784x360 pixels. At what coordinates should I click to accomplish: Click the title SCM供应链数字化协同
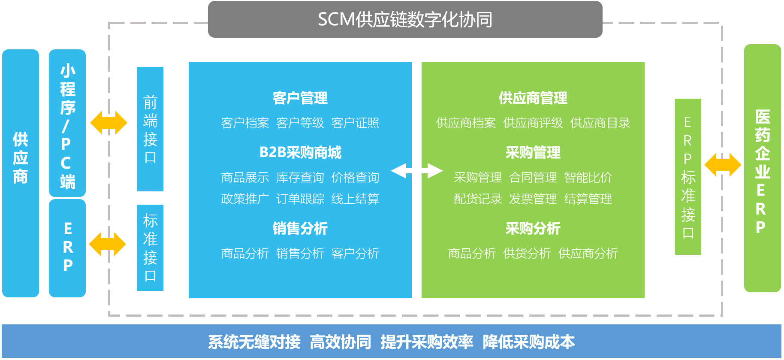[x=405, y=20]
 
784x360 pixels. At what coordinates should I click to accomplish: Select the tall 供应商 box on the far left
[x=21, y=173]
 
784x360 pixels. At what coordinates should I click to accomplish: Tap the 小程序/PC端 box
[x=67, y=123]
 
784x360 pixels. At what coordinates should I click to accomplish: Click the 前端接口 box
[x=150, y=129]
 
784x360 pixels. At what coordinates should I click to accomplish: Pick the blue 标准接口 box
[x=150, y=248]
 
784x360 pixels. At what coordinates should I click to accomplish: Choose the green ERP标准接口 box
[x=688, y=177]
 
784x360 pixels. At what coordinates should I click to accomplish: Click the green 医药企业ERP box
[x=763, y=168]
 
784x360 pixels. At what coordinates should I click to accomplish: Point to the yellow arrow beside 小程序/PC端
[x=109, y=123]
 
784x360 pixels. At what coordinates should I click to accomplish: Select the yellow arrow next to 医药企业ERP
[x=723, y=165]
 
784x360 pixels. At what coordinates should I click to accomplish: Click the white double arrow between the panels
[x=417, y=170]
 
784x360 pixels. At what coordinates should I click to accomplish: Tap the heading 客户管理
[x=300, y=98]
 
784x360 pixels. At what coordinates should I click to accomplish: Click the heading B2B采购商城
[x=300, y=152]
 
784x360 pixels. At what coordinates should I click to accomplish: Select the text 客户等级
[x=300, y=123]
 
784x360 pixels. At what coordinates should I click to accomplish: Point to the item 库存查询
[x=300, y=177]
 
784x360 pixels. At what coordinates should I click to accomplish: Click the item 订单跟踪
[x=300, y=199]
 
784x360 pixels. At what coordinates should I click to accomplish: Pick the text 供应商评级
[x=533, y=123]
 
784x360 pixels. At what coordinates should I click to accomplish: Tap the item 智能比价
[x=588, y=177]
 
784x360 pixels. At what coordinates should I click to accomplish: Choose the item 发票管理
[x=533, y=199]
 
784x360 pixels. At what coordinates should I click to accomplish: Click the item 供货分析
[x=527, y=253]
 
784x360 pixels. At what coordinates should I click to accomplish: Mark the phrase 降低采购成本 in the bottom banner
[x=529, y=342]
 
